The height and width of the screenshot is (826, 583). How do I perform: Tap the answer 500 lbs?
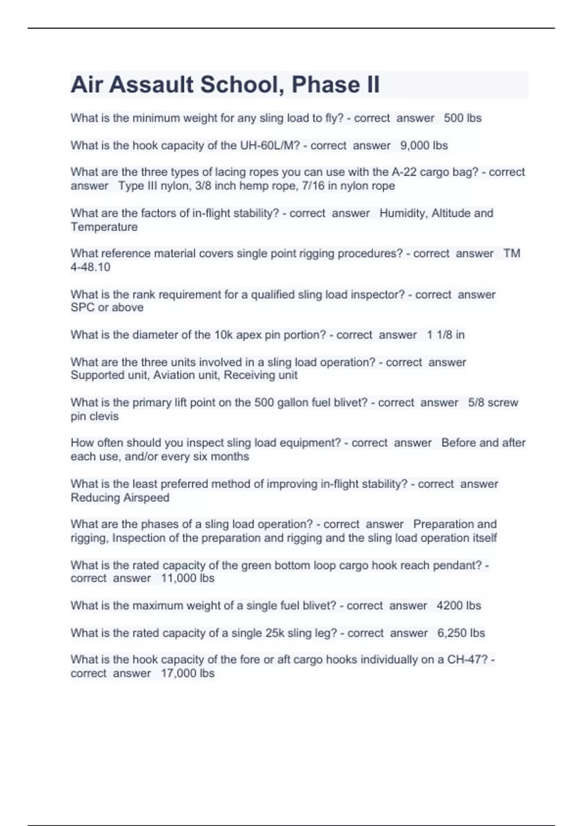(x=463, y=118)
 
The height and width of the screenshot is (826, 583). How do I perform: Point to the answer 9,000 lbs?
(x=424, y=145)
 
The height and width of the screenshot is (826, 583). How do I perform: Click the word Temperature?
(x=104, y=227)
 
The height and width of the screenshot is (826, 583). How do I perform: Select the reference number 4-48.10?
(x=90, y=267)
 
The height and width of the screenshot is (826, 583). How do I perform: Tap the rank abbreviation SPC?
(x=83, y=308)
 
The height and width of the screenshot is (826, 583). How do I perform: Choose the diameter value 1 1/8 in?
(x=446, y=335)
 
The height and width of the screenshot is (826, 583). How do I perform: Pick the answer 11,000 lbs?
(x=188, y=578)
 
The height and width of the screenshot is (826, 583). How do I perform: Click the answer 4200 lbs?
(x=459, y=605)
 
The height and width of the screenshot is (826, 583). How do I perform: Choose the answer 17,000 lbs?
(x=188, y=673)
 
